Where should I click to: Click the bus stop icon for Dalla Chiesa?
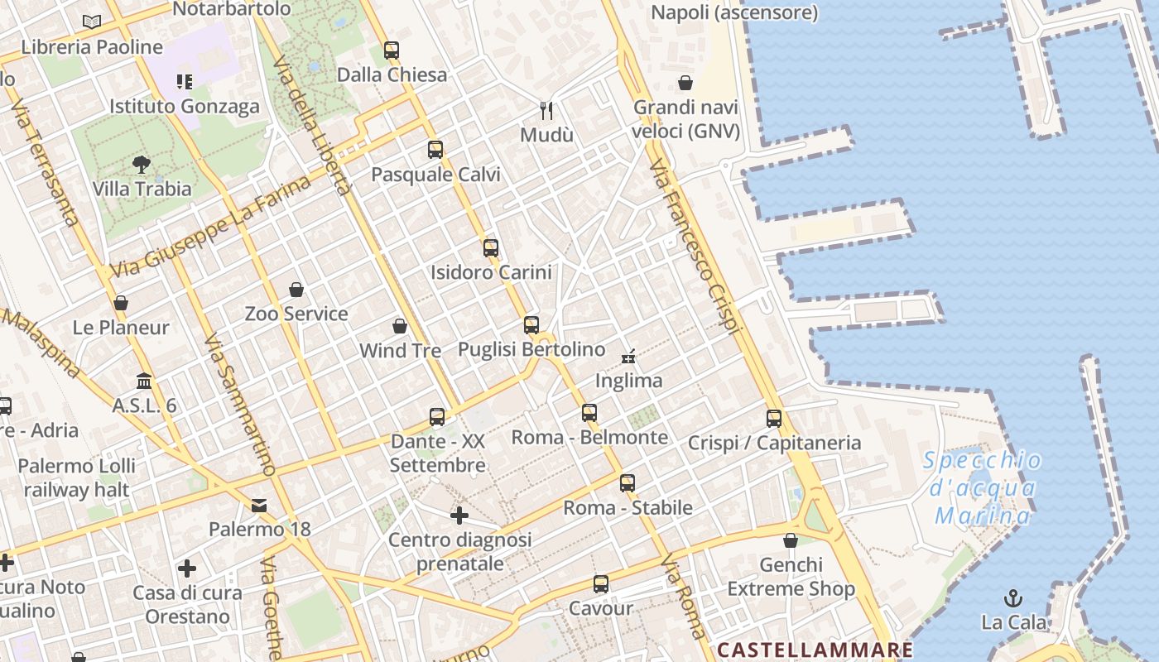(x=392, y=50)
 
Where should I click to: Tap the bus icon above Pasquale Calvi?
(x=435, y=150)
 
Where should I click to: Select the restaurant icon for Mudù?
(x=546, y=110)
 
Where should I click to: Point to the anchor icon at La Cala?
(x=1013, y=597)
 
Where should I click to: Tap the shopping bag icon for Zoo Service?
(x=296, y=290)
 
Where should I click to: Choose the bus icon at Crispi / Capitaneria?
(x=774, y=419)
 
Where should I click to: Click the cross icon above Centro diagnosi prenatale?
(x=459, y=516)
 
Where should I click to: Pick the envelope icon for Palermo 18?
(x=259, y=505)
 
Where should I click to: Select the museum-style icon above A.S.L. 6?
(x=144, y=381)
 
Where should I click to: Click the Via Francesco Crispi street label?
(x=694, y=247)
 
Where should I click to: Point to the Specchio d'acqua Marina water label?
(x=983, y=488)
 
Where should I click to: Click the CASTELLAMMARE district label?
(x=815, y=650)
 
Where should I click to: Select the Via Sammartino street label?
(x=239, y=405)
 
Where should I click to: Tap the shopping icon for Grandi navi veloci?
(x=685, y=83)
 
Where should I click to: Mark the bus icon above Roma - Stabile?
(x=628, y=483)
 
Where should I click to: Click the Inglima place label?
(x=629, y=381)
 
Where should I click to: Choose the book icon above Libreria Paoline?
(x=92, y=22)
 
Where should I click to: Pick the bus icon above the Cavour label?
(x=601, y=584)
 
